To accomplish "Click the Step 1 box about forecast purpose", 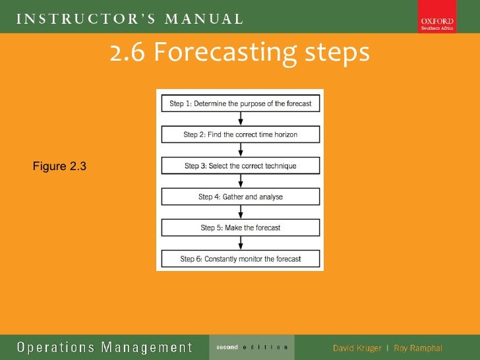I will [240, 104].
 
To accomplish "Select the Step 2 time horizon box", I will [240, 135].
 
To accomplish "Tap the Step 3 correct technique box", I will [240, 165].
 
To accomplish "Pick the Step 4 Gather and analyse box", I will [240, 196].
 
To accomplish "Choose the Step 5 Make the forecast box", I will [240, 227].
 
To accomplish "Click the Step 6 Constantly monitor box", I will [240, 258].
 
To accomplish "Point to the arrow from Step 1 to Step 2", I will [241, 119].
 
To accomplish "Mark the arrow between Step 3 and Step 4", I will [241, 181].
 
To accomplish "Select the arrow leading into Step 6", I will [241, 243].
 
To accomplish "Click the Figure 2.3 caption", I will [59, 166].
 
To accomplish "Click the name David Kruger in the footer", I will [357, 347].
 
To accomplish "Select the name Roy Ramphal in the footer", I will [418, 347].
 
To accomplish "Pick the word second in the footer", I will [227, 347].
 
